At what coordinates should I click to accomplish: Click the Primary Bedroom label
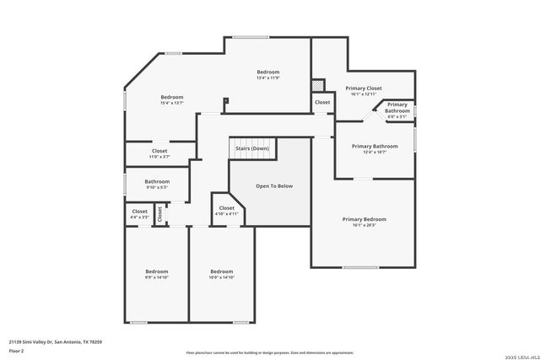(x=364, y=219)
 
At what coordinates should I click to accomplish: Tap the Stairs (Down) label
(x=252, y=148)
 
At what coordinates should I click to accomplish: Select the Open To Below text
(x=274, y=185)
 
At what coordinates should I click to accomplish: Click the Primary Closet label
(x=364, y=88)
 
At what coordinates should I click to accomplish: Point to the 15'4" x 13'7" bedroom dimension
(x=172, y=103)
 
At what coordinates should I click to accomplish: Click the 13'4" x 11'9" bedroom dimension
(x=268, y=78)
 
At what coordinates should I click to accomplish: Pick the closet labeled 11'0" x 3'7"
(x=159, y=157)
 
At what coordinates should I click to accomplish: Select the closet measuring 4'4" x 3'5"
(x=139, y=218)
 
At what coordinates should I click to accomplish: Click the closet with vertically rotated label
(x=159, y=214)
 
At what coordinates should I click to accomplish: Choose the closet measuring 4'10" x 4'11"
(x=226, y=214)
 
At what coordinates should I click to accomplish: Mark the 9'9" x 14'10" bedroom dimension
(x=157, y=277)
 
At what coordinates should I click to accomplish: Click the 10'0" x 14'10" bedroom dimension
(x=221, y=277)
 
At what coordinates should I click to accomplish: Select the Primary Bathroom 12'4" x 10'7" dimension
(x=375, y=152)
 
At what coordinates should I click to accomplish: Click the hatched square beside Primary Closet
(x=318, y=85)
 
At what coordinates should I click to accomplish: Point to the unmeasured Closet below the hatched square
(x=322, y=102)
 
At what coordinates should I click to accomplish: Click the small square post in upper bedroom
(x=225, y=101)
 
